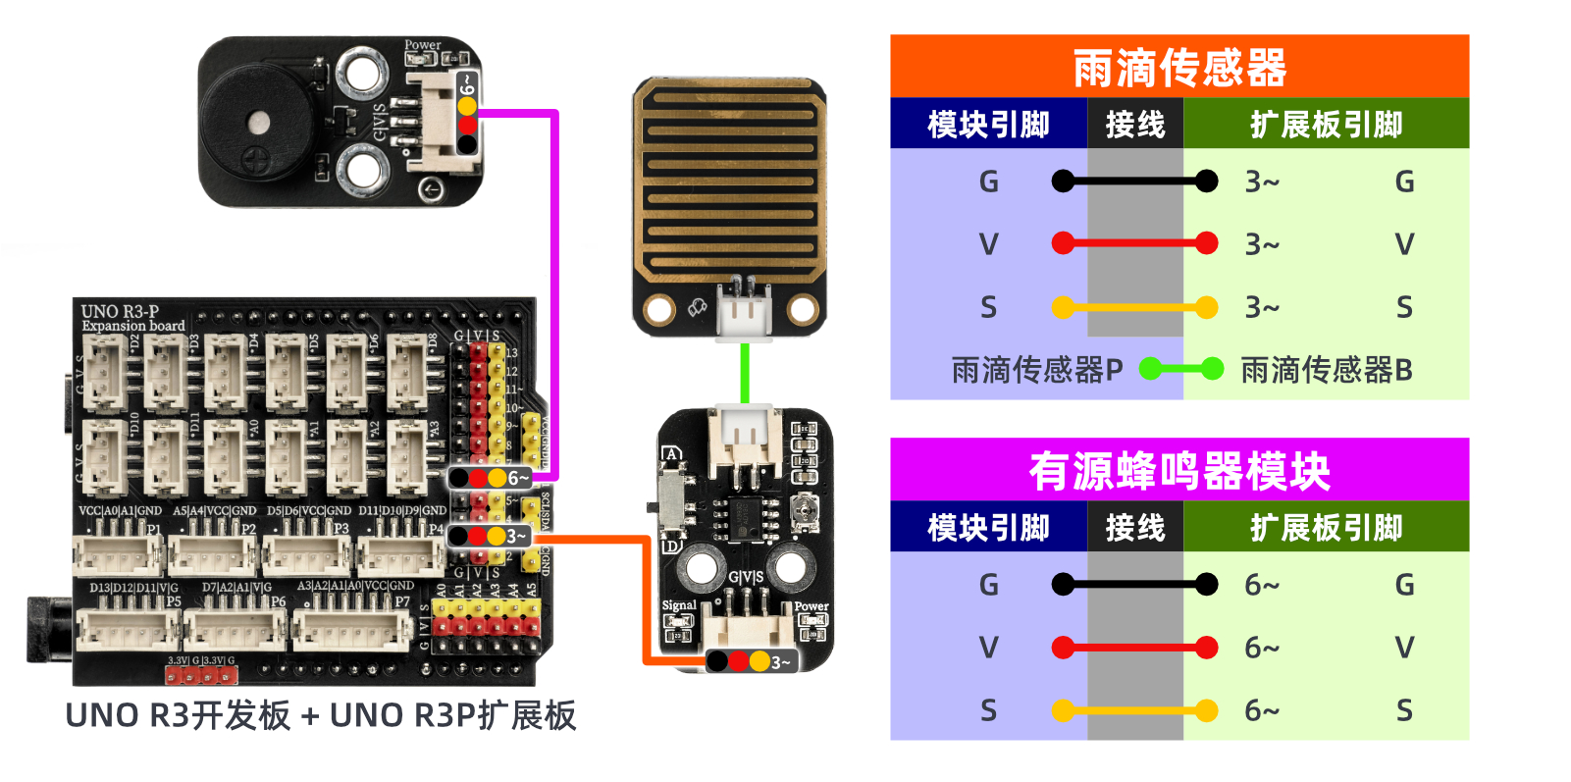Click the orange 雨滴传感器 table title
(x=1178, y=68)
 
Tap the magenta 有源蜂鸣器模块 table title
(x=1178, y=471)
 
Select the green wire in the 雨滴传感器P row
(x=1181, y=370)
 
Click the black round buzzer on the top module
(x=257, y=123)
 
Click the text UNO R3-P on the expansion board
(x=120, y=311)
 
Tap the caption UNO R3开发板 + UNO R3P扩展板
(x=321, y=716)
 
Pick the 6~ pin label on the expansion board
(x=518, y=478)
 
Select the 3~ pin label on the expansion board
(x=516, y=537)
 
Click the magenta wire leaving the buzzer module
(x=555, y=294)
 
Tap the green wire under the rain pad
(x=745, y=373)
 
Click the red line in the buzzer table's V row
(x=1134, y=648)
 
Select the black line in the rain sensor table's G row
(x=1134, y=182)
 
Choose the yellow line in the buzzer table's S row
(x=1134, y=710)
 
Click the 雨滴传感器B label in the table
(x=1327, y=370)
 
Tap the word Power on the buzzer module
(x=423, y=45)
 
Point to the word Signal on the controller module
(x=679, y=605)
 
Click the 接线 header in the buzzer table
(x=1135, y=528)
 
